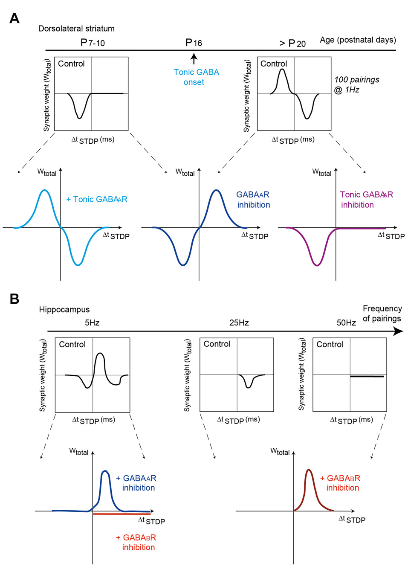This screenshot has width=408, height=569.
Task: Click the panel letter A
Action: coord(14,18)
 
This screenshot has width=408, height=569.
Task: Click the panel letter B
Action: coord(14,299)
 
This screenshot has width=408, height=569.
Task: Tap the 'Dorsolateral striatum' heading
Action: coord(76,29)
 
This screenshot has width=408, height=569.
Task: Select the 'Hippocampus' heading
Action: coord(64,309)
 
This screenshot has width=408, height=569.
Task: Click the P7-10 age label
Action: coord(93,43)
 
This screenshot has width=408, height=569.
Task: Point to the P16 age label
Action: coord(194,43)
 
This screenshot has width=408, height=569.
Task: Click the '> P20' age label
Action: coord(292,44)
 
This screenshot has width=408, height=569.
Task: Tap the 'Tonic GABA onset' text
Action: coord(196,77)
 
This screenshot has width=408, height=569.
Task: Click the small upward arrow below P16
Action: coord(194,58)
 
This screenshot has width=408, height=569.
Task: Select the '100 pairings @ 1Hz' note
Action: coord(356,84)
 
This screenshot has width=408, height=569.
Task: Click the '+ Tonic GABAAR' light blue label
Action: coord(97,199)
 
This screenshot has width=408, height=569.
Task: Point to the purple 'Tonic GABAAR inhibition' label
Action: coord(366,200)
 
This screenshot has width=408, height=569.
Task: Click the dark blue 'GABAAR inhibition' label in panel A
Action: coord(253,200)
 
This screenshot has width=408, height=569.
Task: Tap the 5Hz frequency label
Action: coord(92,323)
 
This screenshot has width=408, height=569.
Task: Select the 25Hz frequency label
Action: coord(239,323)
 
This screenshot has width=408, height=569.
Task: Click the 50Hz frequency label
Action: coord(346,323)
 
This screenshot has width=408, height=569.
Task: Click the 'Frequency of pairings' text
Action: coord(382,314)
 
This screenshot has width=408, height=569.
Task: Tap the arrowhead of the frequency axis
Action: coord(398,331)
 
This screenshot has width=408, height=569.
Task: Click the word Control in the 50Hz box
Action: coord(330,344)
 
